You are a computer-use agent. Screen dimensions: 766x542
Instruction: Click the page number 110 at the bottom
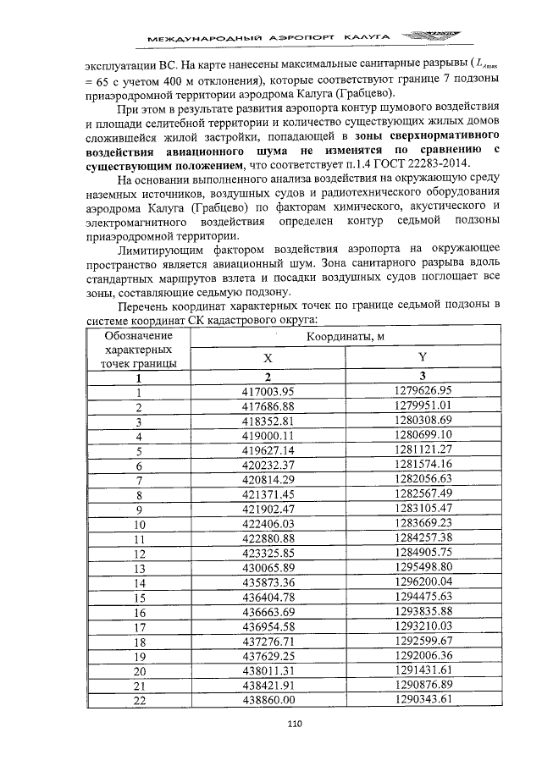click(295, 723)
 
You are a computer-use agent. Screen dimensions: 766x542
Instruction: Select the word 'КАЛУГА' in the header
click(365, 37)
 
